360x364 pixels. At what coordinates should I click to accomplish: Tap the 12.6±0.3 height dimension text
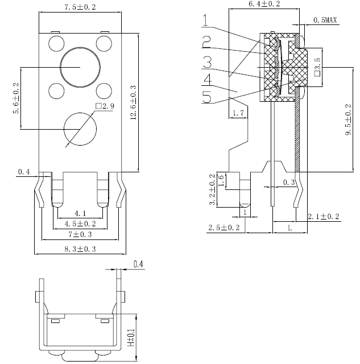[x=133, y=103]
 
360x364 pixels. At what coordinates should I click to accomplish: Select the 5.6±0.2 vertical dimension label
[x=15, y=98]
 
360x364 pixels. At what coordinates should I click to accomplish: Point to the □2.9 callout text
[x=105, y=106]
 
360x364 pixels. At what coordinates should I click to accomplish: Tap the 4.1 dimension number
[x=80, y=213]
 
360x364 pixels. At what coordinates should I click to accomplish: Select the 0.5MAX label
[x=325, y=20]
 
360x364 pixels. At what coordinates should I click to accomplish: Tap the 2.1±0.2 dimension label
[x=323, y=217]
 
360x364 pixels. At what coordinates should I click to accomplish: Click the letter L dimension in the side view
[x=291, y=227]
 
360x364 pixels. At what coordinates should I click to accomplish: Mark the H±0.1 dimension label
[x=131, y=338]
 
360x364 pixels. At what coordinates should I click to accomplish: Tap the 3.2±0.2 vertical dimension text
[x=213, y=189]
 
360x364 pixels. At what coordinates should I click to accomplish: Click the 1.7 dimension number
[x=239, y=114]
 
